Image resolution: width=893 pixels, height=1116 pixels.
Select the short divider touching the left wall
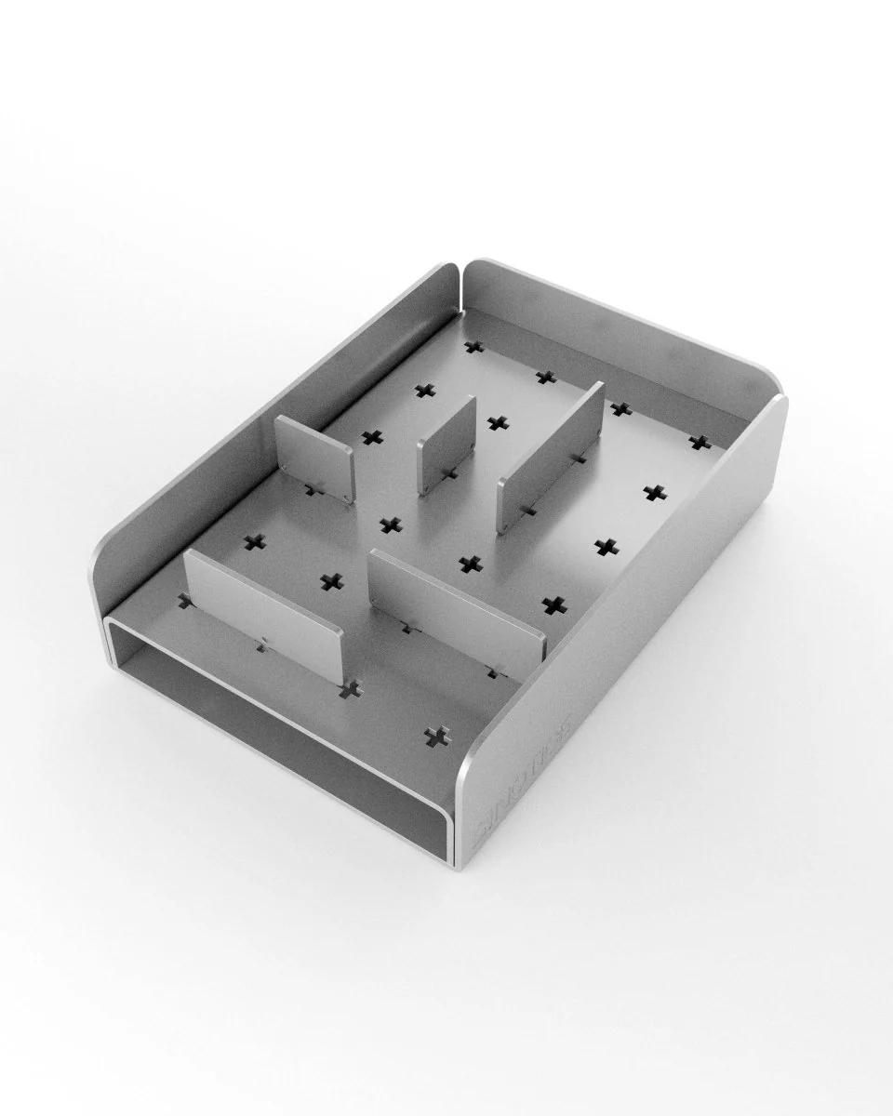(x=314, y=456)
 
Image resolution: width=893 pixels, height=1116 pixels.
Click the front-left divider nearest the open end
(x=263, y=615)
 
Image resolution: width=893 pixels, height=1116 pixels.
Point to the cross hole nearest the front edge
(x=434, y=737)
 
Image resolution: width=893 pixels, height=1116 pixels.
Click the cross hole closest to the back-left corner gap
(x=475, y=347)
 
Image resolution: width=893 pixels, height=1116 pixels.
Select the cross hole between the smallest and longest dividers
(x=498, y=423)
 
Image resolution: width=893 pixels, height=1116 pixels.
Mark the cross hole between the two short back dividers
(x=372, y=437)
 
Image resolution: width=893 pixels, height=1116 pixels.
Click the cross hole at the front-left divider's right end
(x=351, y=689)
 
